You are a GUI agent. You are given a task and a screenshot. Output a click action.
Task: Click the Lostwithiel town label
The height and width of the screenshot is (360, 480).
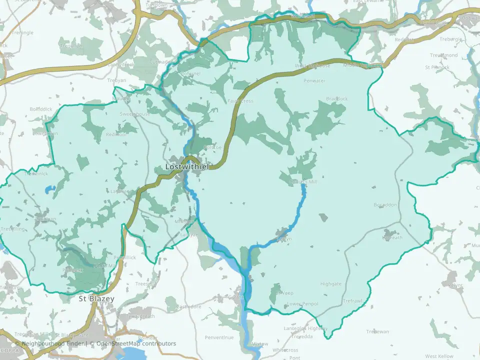pyautogui.click(x=187, y=166)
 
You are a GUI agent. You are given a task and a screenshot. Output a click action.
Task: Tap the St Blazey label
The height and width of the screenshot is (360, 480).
pyautogui.click(x=97, y=299)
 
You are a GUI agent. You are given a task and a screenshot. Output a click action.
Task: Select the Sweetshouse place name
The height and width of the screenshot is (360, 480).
pyautogui.click(x=134, y=114)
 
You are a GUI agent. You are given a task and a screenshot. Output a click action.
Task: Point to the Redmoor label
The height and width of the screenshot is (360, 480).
pyautogui.click(x=116, y=134)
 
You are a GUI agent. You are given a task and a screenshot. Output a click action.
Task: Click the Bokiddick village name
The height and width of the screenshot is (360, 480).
pyautogui.click(x=41, y=108)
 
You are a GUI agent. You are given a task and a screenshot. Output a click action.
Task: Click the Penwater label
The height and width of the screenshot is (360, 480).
pyautogui.click(x=314, y=80)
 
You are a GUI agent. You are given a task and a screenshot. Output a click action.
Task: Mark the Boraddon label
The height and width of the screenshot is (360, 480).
pyautogui.click(x=385, y=205)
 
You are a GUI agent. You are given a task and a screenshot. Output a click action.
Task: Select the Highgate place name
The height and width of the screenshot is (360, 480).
pyautogui.click(x=331, y=284)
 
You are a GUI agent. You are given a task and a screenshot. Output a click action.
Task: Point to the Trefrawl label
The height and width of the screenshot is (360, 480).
pyautogui.click(x=352, y=301)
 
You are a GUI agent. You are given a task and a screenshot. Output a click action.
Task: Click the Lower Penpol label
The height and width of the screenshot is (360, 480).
pyautogui.click(x=302, y=303)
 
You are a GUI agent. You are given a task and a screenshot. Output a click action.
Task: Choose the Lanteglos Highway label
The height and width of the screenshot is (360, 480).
pyautogui.click(x=306, y=328)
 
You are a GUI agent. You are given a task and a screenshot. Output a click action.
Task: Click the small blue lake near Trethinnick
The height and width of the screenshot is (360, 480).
pyautogui.click(x=48, y=189)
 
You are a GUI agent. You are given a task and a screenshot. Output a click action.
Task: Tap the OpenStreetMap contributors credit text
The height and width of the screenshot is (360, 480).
pyautogui.click(x=136, y=343)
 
